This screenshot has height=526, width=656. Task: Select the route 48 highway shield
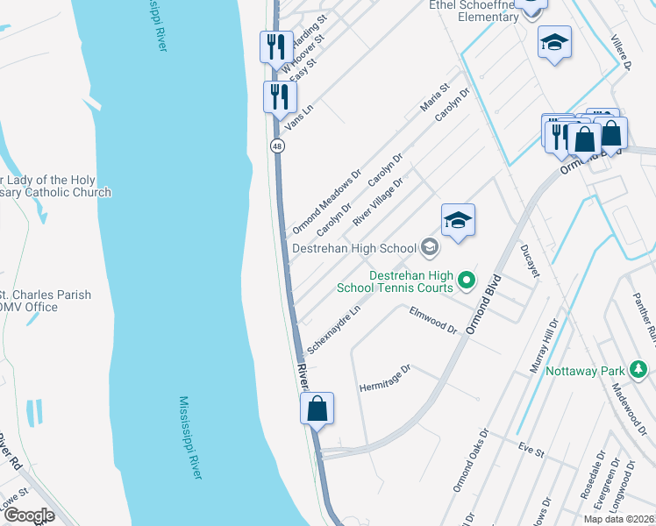coord(276,146)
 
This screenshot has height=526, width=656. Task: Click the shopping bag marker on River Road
coord(317,409)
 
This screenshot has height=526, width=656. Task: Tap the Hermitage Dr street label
coord(385,380)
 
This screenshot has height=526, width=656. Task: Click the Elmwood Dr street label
coord(433,320)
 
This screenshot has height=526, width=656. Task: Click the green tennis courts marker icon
coord(467,281)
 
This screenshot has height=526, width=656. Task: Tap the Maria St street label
coord(434,97)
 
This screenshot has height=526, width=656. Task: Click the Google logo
coord(30,515)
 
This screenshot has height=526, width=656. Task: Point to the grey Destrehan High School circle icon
coord(429,249)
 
